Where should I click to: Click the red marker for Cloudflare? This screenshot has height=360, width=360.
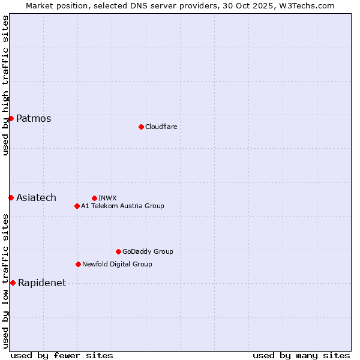coord(141,127)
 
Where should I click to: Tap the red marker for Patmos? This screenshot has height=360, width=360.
coord(11,118)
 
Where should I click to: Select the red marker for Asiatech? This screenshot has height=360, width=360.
coord(11,197)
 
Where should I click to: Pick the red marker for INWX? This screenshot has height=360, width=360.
coord(94,198)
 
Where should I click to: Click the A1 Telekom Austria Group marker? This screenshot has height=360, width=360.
coord(77,206)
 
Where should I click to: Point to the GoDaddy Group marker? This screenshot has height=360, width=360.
coord(118,251)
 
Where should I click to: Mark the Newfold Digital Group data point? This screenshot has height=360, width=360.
coord(78,264)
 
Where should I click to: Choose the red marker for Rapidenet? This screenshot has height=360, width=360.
coord(13,283)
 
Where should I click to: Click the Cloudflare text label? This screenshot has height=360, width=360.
coord(161,127)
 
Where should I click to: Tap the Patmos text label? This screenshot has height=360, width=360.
coord(34,118)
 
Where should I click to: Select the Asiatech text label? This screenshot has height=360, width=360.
coord(36,197)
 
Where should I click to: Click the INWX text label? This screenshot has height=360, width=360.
coord(107,198)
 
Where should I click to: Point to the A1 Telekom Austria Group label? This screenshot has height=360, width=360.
coord(122,206)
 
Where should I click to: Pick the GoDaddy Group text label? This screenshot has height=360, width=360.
coord(148,251)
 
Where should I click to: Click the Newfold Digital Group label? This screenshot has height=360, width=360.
coord(117,264)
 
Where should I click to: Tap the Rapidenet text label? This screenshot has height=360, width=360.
coord(42,283)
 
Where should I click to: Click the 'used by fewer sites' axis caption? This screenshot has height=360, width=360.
coord(62,355)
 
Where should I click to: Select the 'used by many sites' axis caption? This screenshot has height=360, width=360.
coord(301,355)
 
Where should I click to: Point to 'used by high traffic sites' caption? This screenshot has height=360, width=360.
coord(5,85)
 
